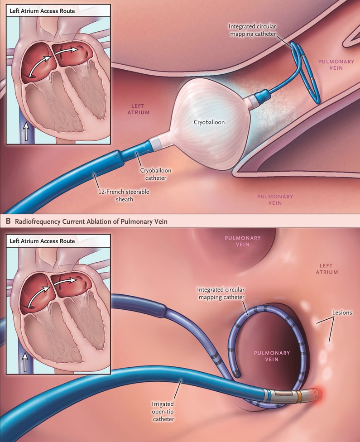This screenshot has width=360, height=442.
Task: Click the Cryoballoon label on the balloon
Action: [x=209, y=122]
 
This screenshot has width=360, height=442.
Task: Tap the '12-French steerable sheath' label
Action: [x=124, y=195]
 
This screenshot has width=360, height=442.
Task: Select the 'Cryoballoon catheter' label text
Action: [x=156, y=174]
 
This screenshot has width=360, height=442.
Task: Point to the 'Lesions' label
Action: [x=342, y=312]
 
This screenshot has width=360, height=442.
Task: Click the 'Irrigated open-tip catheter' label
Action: [x=163, y=412]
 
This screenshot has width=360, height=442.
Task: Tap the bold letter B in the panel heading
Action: [x=8, y=221]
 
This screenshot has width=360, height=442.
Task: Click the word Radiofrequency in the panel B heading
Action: [x=38, y=221]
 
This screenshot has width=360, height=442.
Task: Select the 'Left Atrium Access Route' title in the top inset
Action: [x=42, y=11]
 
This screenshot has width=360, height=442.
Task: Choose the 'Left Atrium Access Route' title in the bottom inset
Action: [x=42, y=241]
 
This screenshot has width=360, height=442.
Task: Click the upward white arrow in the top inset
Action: [x=26, y=131]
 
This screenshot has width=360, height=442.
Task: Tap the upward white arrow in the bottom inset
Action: [x=25, y=362]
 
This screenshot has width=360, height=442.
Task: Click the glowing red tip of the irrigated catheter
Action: [x=318, y=392]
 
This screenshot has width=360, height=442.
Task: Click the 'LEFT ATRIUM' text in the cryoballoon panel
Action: [x=139, y=109]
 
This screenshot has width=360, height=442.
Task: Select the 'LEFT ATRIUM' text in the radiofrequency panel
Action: [x=327, y=269]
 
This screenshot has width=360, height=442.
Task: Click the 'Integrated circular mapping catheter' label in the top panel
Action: [x=252, y=30]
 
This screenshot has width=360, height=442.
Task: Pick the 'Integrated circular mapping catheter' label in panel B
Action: [x=221, y=293]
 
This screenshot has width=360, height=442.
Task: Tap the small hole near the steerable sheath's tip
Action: [x=115, y=155]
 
